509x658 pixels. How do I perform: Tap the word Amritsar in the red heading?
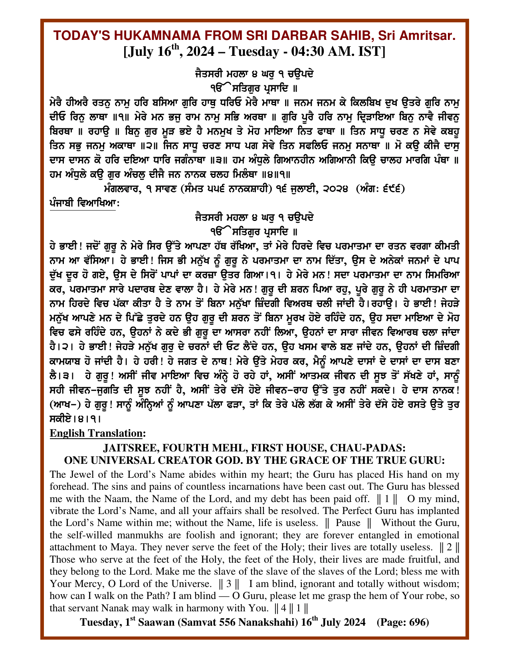pos(429,36)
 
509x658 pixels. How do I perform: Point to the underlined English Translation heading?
pos(97,433)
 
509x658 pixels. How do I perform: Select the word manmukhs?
pos(129,535)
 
